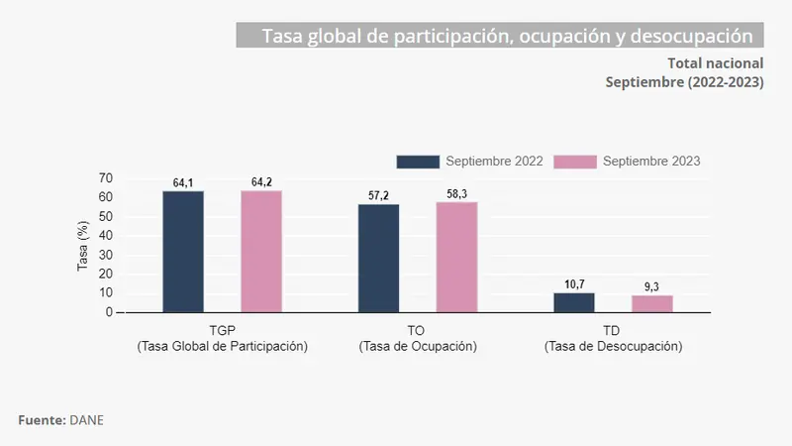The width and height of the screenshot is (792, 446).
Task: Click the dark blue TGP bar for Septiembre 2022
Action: click(x=183, y=252)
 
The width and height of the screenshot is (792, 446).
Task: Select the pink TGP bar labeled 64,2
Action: click(x=261, y=252)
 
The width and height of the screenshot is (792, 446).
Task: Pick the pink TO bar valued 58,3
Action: click(x=456, y=257)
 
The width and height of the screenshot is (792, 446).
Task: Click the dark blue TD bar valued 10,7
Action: click(x=574, y=302)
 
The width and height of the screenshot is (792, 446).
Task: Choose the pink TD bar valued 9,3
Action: click(x=652, y=303)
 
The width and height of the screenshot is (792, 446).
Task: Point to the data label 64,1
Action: click(x=183, y=182)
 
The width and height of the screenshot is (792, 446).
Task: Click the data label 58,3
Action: click(x=456, y=194)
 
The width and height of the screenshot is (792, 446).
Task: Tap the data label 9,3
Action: click(x=652, y=287)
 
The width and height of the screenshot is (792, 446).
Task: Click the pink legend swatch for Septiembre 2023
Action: click(x=575, y=162)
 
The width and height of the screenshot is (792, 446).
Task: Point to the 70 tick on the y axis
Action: click(x=105, y=178)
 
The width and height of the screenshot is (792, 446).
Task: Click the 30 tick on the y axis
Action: click(x=105, y=255)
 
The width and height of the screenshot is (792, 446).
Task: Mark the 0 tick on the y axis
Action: click(x=109, y=312)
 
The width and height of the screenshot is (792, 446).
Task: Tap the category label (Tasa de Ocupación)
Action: click(x=418, y=347)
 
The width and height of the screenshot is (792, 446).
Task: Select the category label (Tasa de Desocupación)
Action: click(x=613, y=347)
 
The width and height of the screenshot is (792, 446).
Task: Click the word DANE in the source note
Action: click(x=86, y=420)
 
